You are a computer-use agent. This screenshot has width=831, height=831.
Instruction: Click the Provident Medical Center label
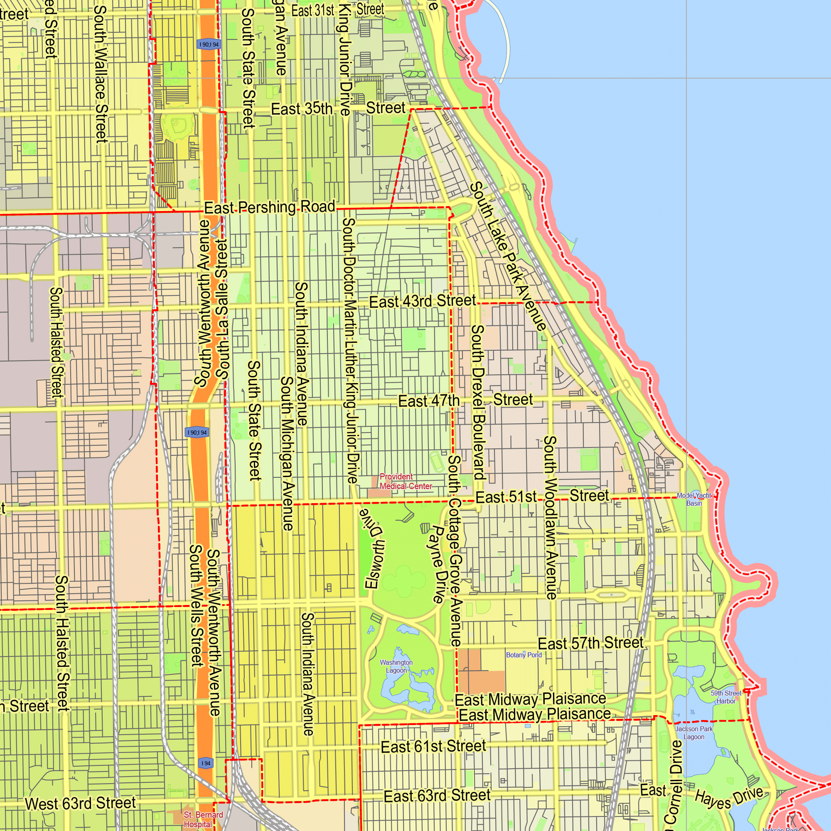406,481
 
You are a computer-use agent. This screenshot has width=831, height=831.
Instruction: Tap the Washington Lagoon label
396,666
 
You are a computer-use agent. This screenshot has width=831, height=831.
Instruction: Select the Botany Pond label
524,655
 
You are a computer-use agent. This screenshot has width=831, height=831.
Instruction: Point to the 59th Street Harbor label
725,697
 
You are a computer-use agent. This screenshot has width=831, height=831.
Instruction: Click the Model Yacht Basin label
694,499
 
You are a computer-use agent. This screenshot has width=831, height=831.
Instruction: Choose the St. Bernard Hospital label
203,819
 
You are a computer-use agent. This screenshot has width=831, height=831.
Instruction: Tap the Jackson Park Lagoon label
694,733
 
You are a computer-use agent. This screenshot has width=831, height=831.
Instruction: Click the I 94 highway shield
206,763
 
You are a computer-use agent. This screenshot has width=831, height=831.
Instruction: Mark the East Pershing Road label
269,207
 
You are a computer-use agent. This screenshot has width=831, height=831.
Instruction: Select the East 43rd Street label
423,301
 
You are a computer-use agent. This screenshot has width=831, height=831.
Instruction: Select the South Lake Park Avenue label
508,256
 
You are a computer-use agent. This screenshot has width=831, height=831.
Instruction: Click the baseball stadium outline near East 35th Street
177,126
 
